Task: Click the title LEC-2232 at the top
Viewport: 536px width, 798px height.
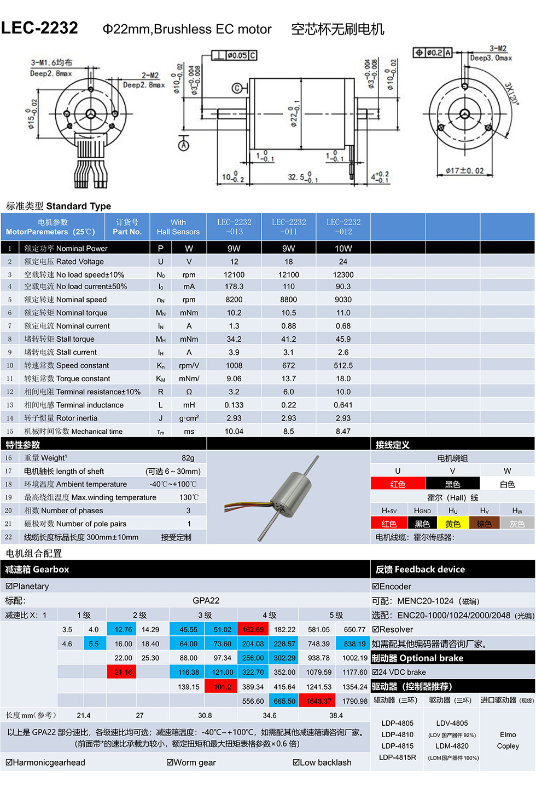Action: pos(39,28)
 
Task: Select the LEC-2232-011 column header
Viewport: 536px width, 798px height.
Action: pos(289,227)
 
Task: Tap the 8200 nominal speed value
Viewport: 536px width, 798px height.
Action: pos(234,300)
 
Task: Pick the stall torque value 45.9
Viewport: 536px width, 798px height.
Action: pos(343,339)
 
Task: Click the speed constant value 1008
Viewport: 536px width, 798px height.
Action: pos(234,365)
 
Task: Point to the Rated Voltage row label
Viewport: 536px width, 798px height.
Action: pos(64,262)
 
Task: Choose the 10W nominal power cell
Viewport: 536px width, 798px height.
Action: pos(343,248)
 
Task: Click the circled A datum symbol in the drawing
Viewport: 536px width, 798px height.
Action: pos(184,145)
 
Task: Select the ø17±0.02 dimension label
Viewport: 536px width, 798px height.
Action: pos(464,171)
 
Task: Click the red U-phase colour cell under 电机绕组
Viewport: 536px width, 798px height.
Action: pos(398,484)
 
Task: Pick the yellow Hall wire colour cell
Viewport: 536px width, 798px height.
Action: pos(453,524)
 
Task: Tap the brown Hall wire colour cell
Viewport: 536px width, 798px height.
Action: pos(485,524)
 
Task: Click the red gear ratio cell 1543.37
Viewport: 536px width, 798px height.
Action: pos(318,701)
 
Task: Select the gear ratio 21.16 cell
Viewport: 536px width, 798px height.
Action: pos(124,673)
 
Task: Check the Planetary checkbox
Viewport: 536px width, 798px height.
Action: pos(9,587)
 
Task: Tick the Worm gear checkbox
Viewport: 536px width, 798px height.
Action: pos(170,762)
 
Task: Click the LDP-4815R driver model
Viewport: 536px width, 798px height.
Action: pos(398,757)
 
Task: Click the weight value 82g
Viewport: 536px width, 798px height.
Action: pos(188,458)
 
